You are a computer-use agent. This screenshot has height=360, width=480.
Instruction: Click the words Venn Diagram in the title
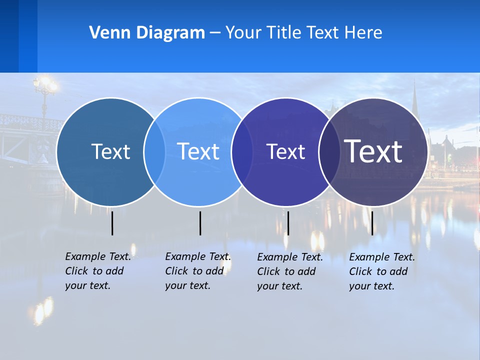pos(147,33)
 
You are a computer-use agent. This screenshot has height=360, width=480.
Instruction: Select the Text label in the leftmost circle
pos(110,151)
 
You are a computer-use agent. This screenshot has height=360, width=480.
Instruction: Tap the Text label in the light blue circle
pos(198,151)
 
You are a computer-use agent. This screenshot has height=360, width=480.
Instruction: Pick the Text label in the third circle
pos(285,151)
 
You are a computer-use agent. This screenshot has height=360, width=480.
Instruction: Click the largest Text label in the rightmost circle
pos(373,151)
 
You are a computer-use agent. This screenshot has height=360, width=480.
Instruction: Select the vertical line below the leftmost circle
pos(112,223)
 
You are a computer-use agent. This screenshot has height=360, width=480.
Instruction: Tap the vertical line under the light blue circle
pos(200,223)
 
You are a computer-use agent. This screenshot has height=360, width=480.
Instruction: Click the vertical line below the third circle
pos(288,223)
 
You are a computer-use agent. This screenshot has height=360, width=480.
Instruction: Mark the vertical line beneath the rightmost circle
pos(372,223)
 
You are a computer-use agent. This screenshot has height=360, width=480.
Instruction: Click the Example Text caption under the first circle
pos(98,271)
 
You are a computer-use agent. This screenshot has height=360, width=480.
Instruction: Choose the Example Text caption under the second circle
pos(198,271)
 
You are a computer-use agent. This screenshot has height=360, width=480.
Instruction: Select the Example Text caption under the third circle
pos(290,271)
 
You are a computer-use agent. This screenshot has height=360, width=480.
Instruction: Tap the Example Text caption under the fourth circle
pos(382,271)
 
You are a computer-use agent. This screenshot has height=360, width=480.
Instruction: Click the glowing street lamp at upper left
pos(45,85)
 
